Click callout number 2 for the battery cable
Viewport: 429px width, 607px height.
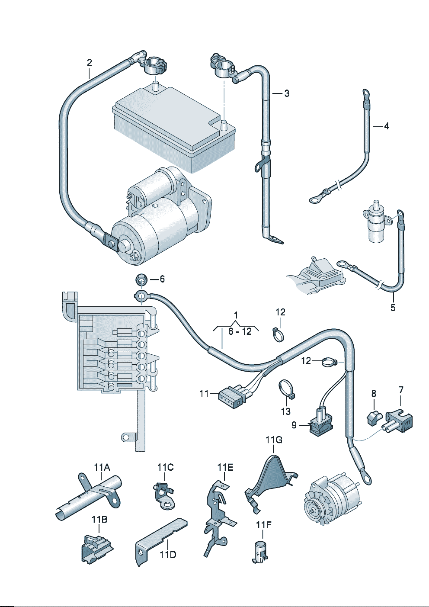[x=89, y=62]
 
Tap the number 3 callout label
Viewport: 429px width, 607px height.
[x=287, y=93]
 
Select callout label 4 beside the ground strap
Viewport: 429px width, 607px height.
[x=386, y=126]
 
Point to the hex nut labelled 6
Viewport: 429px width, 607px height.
[x=141, y=280]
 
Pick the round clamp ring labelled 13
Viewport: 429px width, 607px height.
[x=286, y=388]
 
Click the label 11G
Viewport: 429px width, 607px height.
[x=274, y=440]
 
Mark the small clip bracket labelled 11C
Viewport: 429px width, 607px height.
[x=163, y=495]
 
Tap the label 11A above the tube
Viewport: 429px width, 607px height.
[x=102, y=467]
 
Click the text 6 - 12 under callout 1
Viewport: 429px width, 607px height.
[x=240, y=331]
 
